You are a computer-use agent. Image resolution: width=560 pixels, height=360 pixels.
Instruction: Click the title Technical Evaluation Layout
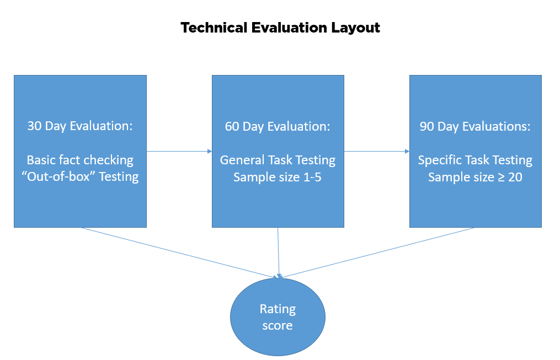coord(280,28)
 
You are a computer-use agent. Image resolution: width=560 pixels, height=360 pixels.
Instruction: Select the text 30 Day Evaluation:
coord(80,126)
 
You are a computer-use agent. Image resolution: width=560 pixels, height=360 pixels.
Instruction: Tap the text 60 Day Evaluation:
coord(278,126)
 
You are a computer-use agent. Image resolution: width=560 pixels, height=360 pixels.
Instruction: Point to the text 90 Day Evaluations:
coord(475,126)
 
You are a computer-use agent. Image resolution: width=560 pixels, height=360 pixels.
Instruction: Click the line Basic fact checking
coord(80,160)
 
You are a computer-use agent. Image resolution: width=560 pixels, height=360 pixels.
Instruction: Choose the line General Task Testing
coord(278,160)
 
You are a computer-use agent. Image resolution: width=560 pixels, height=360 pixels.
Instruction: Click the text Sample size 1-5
coord(278,177)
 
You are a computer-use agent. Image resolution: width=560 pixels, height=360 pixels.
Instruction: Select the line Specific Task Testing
coord(475,160)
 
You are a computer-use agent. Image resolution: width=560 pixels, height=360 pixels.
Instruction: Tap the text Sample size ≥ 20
coord(475,177)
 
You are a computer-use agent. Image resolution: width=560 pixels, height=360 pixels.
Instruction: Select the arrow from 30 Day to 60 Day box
coord(179,151)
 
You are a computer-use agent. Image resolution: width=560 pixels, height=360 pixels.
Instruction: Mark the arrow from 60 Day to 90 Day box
coord(377,151)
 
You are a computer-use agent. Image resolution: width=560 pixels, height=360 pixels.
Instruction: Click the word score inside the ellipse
coord(278,326)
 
